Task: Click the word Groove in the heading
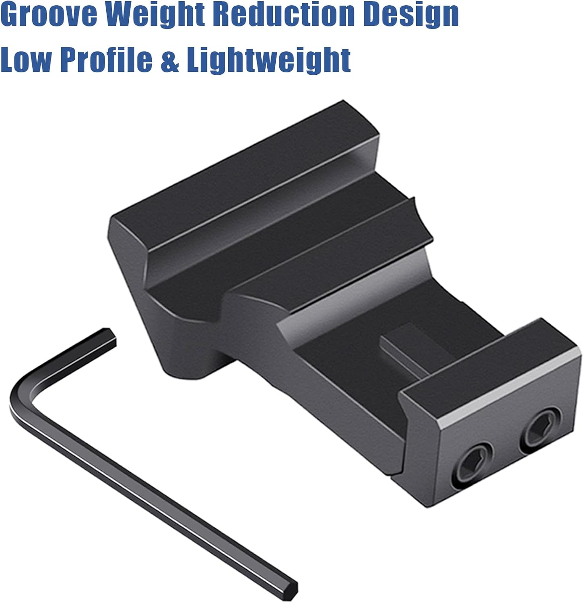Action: (50, 15)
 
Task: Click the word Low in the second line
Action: (26, 59)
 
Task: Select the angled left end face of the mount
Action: (129, 257)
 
